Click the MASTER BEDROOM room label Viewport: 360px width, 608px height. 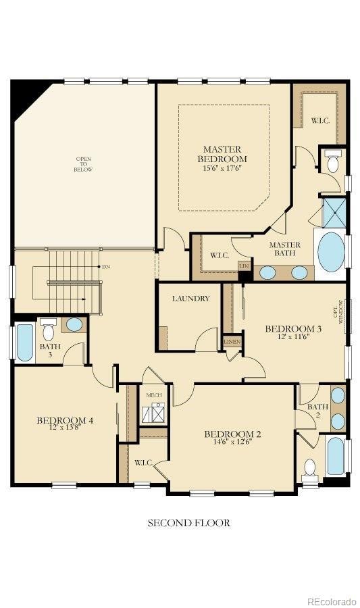coord(222,153)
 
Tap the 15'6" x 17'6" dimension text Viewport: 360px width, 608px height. coord(222,168)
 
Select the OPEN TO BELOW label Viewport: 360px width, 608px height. coord(83,164)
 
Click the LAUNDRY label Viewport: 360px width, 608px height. coord(190,298)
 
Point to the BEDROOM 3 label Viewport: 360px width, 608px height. coord(292,328)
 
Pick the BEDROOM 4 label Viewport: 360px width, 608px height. coord(65,420)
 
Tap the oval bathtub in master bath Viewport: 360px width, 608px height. coord(331,251)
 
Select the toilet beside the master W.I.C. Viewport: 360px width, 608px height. coord(332,162)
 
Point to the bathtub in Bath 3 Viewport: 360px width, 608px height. coord(24,343)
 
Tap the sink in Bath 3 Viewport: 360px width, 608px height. coord(74,324)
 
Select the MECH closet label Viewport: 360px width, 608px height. coord(153,395)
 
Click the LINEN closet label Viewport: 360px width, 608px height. coord(232,342)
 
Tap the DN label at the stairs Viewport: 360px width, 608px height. coord(106,267)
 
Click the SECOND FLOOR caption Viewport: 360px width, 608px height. coord(188,522)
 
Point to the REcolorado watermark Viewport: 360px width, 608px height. coord(331,601)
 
